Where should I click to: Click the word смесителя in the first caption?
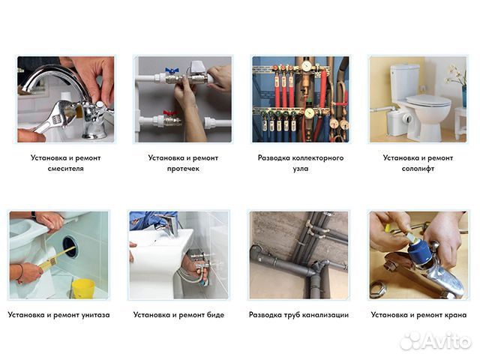coord(65,169)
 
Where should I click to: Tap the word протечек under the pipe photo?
coord(183,169)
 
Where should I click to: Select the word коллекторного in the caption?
coord(318,158)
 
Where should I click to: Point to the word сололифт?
coord(418,169)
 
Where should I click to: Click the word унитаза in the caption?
coord(95,315)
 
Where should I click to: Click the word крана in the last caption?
coord(456,315)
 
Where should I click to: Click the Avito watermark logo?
coord(436,340)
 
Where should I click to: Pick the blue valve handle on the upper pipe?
coord(172,70)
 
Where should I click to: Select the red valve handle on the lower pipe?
coord(169,113)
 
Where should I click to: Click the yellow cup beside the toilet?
coord(83,289)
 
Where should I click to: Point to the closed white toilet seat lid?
coord(428,100)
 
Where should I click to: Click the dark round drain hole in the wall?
coord(70,247)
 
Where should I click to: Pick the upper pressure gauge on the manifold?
coord(306,66)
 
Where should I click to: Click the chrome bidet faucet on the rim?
coord(166,224)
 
